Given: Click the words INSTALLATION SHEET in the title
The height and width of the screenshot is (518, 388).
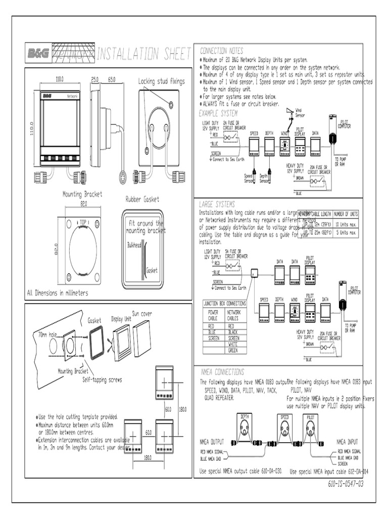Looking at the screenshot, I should [143, 54].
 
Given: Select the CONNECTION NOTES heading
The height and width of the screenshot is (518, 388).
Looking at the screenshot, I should [221, 51].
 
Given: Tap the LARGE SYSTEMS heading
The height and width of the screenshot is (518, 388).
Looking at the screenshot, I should [217, 204].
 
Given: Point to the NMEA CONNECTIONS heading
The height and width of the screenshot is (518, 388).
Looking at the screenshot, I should [222, 372].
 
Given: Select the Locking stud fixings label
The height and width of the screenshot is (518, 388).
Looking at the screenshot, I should [162, 81].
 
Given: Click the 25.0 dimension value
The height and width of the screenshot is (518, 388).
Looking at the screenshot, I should [94, 80].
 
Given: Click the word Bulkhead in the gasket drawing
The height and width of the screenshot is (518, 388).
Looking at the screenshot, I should [134, 244].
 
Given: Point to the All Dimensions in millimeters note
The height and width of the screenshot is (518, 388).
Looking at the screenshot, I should [57, 293].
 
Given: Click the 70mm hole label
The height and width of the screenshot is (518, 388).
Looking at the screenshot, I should [45, 335].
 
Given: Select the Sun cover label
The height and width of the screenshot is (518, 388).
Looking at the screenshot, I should [142, 314].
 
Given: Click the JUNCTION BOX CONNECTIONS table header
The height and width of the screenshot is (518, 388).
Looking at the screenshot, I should [224, 304].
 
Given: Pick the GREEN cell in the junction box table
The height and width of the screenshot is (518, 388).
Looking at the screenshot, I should [233, 351].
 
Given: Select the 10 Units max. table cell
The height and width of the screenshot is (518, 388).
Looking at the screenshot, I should [346, 224].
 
